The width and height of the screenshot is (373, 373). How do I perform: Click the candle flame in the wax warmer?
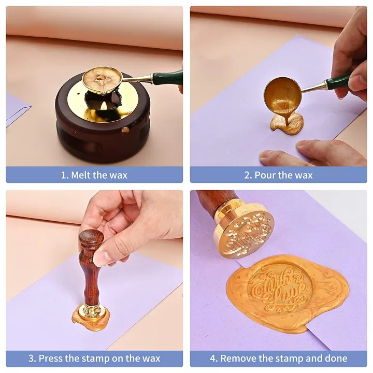(x=105, y=105)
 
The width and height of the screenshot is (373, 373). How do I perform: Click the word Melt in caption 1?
(x=81, y=175)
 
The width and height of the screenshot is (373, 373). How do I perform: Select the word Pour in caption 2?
(x=265, y=175)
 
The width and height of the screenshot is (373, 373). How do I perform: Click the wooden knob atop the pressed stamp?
(x=91, y=238)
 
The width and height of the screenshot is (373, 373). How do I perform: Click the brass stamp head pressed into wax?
(x=91, y=311)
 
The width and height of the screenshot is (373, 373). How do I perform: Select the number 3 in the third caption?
(x=31, y=358)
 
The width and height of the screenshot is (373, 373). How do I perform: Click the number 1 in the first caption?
(x=63, y=175)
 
